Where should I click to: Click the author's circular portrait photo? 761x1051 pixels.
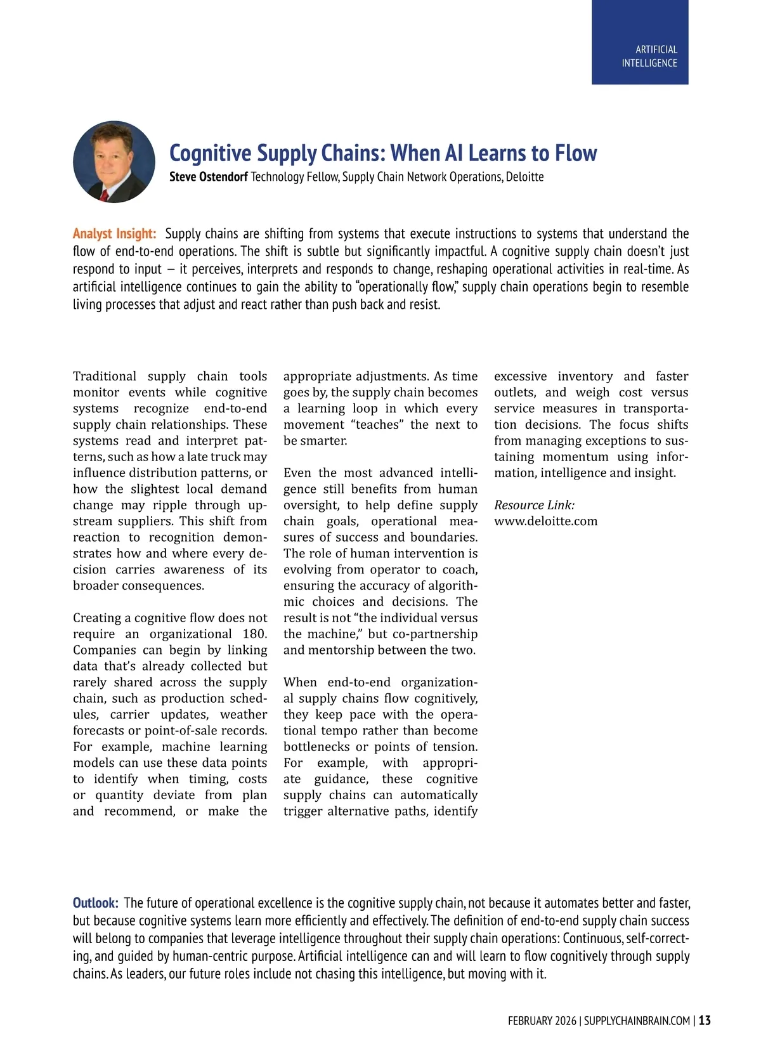[114, 162]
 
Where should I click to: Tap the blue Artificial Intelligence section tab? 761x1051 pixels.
[640, 42]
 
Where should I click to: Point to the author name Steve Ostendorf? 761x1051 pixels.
[208, 177]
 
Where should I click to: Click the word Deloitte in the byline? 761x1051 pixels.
[524, 177]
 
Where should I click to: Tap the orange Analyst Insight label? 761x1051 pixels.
[114, 233]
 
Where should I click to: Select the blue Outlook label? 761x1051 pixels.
[95, 903]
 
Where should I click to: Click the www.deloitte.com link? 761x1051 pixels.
[545, 521]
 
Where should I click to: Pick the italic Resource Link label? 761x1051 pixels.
[534, 505]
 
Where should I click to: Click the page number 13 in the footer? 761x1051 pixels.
[705, 1021]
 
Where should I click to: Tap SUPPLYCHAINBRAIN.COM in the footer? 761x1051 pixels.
[637, 1021]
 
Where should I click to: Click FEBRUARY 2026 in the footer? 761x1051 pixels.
[542, 1021]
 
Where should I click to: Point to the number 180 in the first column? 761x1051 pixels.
[254, 634]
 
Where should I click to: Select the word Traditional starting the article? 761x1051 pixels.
[105, 376]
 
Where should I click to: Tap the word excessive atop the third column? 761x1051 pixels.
[521, 376]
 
